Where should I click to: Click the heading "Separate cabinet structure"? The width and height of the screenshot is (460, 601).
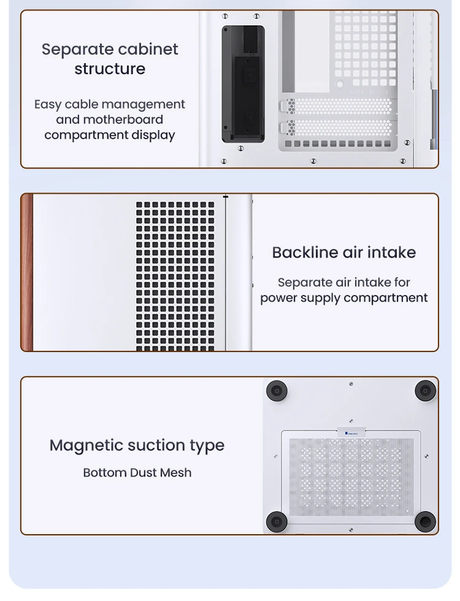pyautogui.click(x=110, y=59)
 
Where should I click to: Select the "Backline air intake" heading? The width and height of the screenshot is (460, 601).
pyautogui.click(x=344, y=253)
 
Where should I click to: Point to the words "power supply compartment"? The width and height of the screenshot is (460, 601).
pyautogui.click(x=344, y=298)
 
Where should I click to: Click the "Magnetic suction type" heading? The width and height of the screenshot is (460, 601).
pyautogui.click(x=137, y=445)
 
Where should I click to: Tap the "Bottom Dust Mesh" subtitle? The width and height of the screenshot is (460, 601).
pyautogui.click(x=137, y=473)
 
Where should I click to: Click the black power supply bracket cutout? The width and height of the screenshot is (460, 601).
pyautogui.click(x=243, y=84)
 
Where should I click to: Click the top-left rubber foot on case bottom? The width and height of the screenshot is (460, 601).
pyautogui.click(x=277, y=391)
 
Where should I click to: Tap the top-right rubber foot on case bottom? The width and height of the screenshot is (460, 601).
pyautogui.click(x=425, y=391)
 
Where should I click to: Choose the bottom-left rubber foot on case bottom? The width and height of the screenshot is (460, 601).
pyautogui.click(x=277, y=522)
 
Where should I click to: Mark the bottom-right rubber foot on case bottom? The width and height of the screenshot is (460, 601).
pyautogui.click(x=425, y=522)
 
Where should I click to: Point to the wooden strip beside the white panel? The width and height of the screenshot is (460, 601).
pyautogui.click(x=27, y=272)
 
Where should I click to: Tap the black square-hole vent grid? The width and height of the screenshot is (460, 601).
pyautogui.click(x=175, y=276)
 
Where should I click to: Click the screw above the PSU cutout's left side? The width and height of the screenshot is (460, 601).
pyautogui.click(x=225, y=16)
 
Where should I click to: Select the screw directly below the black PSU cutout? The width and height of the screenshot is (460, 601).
pyautogui.click(x=240, y=148)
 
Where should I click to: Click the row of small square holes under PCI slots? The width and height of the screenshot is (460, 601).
pyautogui.click(x=338, y=144)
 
